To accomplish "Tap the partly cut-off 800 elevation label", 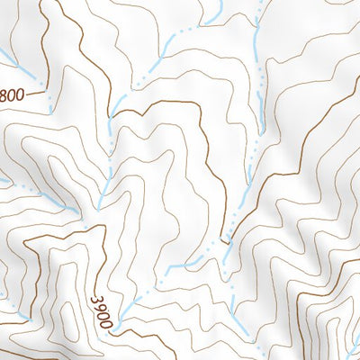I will point(12,93).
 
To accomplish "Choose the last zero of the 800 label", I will point(20,93).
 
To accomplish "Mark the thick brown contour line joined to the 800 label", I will point(36,91).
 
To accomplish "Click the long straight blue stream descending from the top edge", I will point(258,54).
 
